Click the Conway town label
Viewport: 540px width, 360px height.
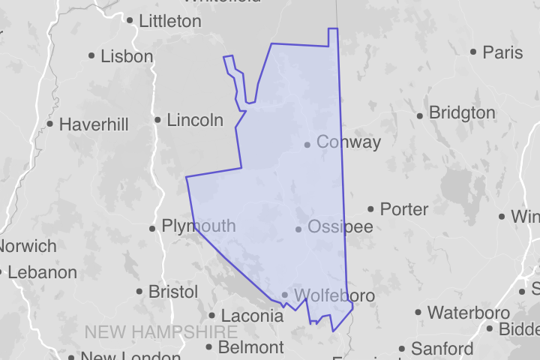tap(348, 142)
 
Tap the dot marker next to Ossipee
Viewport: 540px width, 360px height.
tap(298, 229)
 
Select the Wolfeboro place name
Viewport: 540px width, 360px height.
tap(334, 295)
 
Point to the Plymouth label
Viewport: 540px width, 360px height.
tap(198, 226)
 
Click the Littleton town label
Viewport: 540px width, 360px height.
tap(170, 21)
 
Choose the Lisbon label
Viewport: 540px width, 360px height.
tap(127, 55)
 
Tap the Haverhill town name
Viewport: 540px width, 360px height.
tap(94, 124)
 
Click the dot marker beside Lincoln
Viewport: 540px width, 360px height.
tap(157, 120)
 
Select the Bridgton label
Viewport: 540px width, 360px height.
tap(461, 113)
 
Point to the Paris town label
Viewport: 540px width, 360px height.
tap(502, 52)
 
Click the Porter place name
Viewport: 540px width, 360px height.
tap(404, 208)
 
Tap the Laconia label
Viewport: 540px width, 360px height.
tap(251, 316)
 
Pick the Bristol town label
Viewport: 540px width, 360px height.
tap(173, 291)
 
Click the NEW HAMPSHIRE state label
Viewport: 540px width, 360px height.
tap(161, 331)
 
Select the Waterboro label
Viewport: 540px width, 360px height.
tap(468, 312)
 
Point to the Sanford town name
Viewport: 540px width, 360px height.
tap(442, 349)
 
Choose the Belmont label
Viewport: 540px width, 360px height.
tap(250, 347)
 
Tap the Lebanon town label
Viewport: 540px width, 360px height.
tap(42, 271)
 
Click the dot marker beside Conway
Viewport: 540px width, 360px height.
tap(307, 144)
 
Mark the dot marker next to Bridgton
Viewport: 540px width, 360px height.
tap(420, 115)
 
